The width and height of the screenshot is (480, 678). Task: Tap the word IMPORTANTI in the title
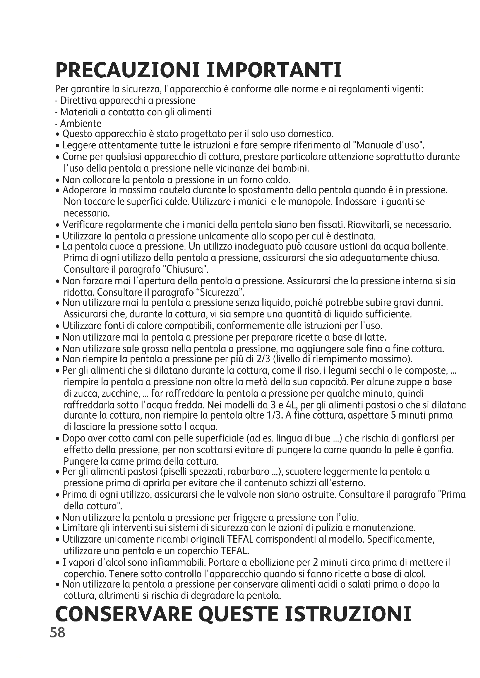coord(275,70)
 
